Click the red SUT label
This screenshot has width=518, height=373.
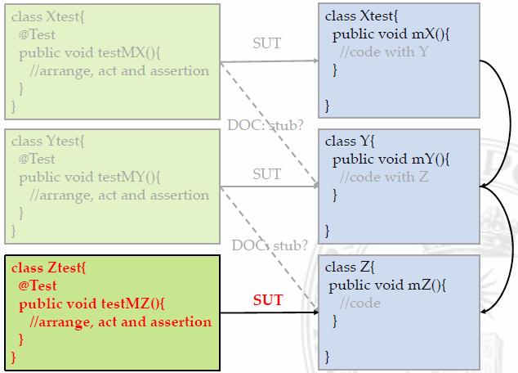266,300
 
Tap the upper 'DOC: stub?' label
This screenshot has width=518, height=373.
269,125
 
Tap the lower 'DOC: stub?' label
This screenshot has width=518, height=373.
270,245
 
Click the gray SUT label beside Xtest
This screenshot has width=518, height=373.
266,43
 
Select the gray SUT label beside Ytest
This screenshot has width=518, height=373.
266,173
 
